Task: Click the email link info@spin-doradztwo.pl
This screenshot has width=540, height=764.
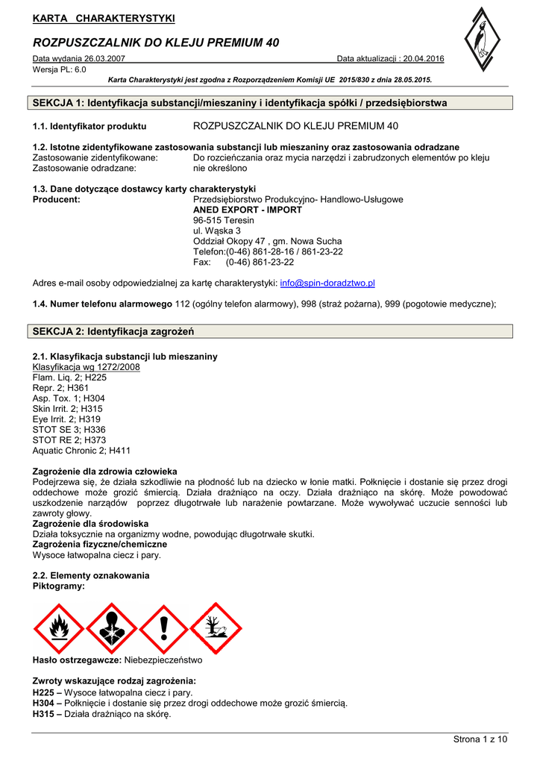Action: [327, 284]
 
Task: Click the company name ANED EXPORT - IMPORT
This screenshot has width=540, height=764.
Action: [248, 210]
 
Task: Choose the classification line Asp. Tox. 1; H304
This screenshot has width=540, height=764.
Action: [69, 398]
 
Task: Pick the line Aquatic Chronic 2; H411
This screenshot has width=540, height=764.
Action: [81, 451]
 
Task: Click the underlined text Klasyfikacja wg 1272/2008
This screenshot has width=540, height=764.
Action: [86, 367]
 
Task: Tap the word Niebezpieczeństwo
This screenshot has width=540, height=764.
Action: [163, 660]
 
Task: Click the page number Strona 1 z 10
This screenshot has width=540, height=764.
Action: [480, 739]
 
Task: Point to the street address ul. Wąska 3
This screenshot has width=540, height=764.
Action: [217, 231]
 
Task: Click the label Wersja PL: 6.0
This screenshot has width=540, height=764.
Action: [60, 69]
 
